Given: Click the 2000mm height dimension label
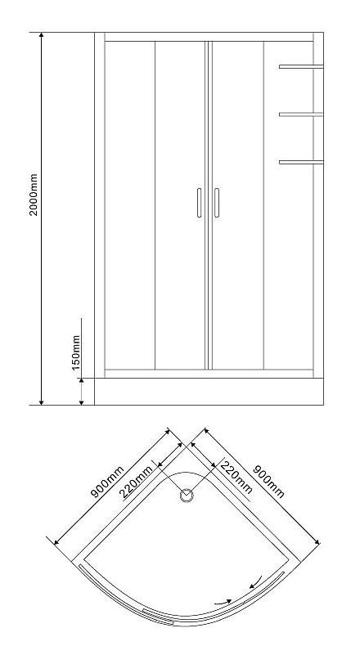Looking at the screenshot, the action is pyautogui.click(x=34, y=195).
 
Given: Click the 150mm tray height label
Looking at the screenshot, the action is pyautogui.click(x=76, y=352).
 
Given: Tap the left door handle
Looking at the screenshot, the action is pyautogui.click(x=199, y=203).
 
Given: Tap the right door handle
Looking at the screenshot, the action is pyautogui.click(x=217, y=203).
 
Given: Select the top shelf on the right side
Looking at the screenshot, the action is pyautogui.click(x=301, y=66).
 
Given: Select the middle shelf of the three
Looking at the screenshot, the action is pyautogui.click(x=301, y=114).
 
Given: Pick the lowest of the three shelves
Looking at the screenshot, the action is pyautogui.click(x=301, y=163).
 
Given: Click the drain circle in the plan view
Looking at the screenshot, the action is pyautogui.click(x=187, y=496).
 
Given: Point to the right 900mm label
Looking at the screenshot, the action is pyautogui.click(x=269, y=481).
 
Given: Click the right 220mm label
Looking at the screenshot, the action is pyautogui.click(x=236, y=477).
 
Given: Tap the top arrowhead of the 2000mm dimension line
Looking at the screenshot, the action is pyautogui.click(x=41, y=35).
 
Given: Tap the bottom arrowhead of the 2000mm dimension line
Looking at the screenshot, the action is pyautogui.click(x=41, y=402).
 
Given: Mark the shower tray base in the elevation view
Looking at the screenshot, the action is pyautogui.click(x=209, y=392).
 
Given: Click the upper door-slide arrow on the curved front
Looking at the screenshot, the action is pyautogui.click(x=255, y=581).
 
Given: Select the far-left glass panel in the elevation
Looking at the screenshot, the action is pyautogui.click(x=130, y=205).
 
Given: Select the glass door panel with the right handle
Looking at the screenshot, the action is pyautogui.click(x=236, y=205).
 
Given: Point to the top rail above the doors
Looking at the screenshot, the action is pyautogui.click(x=209, y=37).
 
